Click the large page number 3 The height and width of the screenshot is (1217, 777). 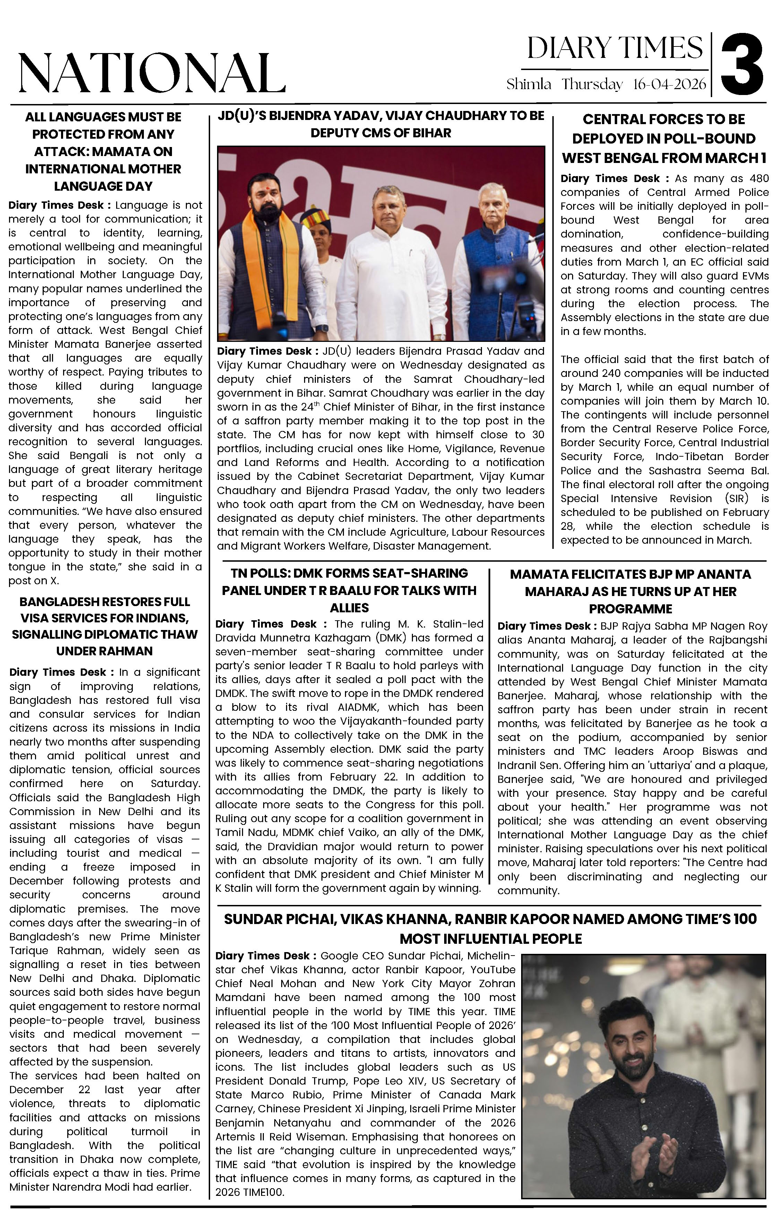tap(742, 63)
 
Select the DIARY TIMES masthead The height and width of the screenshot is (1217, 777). tap(615, 49)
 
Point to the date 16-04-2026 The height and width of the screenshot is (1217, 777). tap(669, 84)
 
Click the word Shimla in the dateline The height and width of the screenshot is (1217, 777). tap(529, 84)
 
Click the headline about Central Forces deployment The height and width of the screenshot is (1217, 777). tap(664, 138)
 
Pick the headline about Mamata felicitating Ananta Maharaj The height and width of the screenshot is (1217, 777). tap(630, 591)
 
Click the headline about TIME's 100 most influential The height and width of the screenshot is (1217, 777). tap(490, 929)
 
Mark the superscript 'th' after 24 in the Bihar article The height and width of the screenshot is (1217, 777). tap(313, 404)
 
